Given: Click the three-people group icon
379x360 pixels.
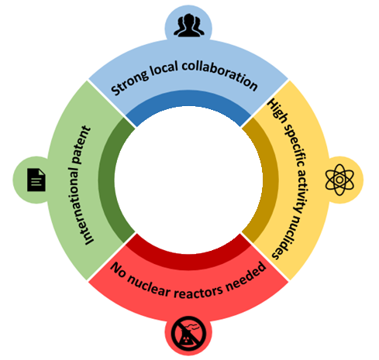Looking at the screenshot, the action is coord(189,25).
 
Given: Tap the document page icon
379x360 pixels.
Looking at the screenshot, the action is coord(36,180).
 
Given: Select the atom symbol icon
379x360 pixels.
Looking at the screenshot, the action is coord(339,180).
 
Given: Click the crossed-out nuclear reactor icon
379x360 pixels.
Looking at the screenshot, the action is coord(188,334).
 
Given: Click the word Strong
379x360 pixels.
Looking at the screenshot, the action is coord(129,81).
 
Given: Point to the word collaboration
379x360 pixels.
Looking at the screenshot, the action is coord(220,74).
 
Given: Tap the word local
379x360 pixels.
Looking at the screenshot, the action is coord(164,68).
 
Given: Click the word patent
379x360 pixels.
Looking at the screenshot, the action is coord(81,145).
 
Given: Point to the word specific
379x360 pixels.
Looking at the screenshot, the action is coord(295,146).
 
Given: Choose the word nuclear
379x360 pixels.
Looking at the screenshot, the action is coord(149,285).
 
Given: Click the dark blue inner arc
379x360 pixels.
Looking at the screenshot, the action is coord(188,99).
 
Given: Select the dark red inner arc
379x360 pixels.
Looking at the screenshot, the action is coord(188,261).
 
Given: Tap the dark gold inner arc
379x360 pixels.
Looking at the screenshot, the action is coord(270,180).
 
